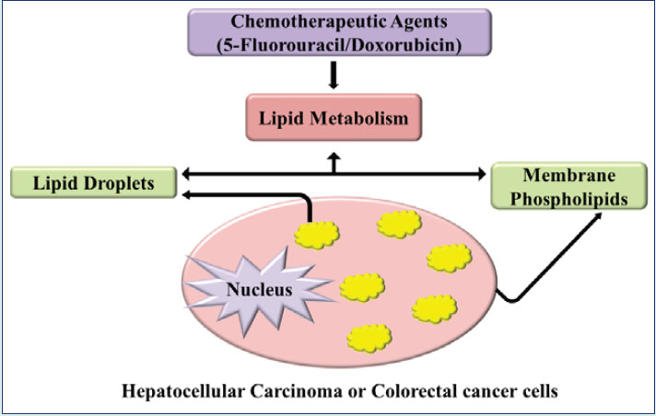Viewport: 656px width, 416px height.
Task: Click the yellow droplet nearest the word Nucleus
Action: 361,288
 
